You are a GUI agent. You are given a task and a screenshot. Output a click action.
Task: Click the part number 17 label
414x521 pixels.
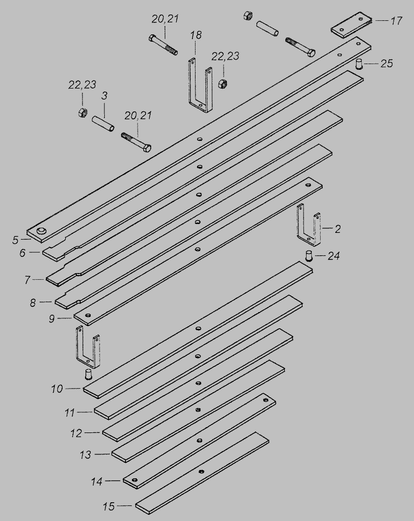point(396,21)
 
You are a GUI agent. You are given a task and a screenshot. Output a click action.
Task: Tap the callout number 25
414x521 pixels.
point(386,64)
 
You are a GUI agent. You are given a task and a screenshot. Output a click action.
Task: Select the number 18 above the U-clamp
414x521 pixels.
point(196,35)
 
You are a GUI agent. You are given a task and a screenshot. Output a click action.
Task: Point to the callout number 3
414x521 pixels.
point(104,96)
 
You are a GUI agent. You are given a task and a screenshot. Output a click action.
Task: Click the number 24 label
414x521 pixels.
point(334,256)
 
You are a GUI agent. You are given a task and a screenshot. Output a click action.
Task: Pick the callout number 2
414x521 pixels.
point(337,229)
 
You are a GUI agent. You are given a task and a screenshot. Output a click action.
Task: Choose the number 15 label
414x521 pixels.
point(109,506)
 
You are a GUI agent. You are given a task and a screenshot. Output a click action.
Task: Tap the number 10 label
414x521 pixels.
point(57,389)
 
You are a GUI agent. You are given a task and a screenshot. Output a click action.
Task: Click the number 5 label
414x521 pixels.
point(15,240)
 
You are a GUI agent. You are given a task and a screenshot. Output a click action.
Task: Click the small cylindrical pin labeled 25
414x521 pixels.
point(359,64)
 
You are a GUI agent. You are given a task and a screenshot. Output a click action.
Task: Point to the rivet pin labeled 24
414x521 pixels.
point(309,256)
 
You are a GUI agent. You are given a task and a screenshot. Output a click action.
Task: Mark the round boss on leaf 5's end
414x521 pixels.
point(42,231)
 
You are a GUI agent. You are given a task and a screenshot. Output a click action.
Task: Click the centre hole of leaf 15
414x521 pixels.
point(201,471)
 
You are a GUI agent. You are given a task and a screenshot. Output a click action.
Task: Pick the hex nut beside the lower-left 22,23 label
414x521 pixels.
point(82,112)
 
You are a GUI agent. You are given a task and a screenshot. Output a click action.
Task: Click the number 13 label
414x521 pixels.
point(86,454)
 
